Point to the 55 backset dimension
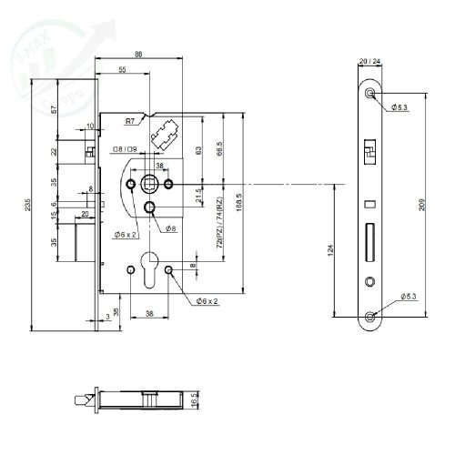click(x=122, y=70)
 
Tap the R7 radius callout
click(x=131, y=119)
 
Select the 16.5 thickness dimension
click(x=195, y=400)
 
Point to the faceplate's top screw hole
click(x=369, y=94)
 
